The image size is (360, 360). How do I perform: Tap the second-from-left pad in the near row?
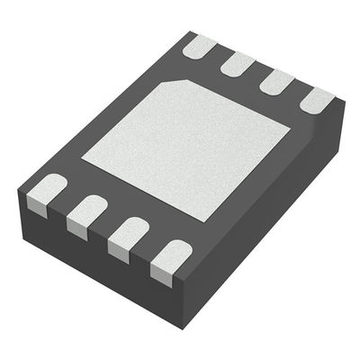click(87, 211)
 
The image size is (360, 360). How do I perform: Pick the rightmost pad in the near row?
click(172, 255)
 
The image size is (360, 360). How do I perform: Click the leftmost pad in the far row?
click(199, 46)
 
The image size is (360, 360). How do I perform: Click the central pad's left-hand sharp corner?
click(82, 160)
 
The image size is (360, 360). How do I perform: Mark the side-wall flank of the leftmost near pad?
click(40, 206)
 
